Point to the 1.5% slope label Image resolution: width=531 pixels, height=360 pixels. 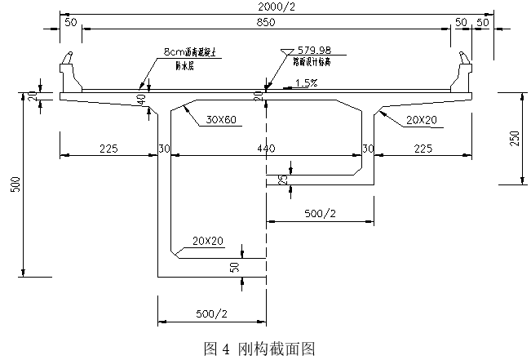tap(307, 82)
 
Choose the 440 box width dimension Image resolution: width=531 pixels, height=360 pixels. tap(266, 149)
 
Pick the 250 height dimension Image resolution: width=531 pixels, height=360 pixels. tap(515, 138)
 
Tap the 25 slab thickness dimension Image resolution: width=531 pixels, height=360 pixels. tap(282, 180)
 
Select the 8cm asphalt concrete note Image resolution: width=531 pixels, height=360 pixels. tap(195, 51)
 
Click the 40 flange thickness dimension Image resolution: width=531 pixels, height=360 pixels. tap(142, 99)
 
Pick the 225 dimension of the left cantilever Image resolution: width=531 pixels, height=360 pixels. tap(108, 149)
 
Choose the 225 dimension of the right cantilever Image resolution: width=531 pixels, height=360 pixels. tap(423, 149)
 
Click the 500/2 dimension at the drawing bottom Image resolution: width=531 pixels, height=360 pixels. tap(211, 313)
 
